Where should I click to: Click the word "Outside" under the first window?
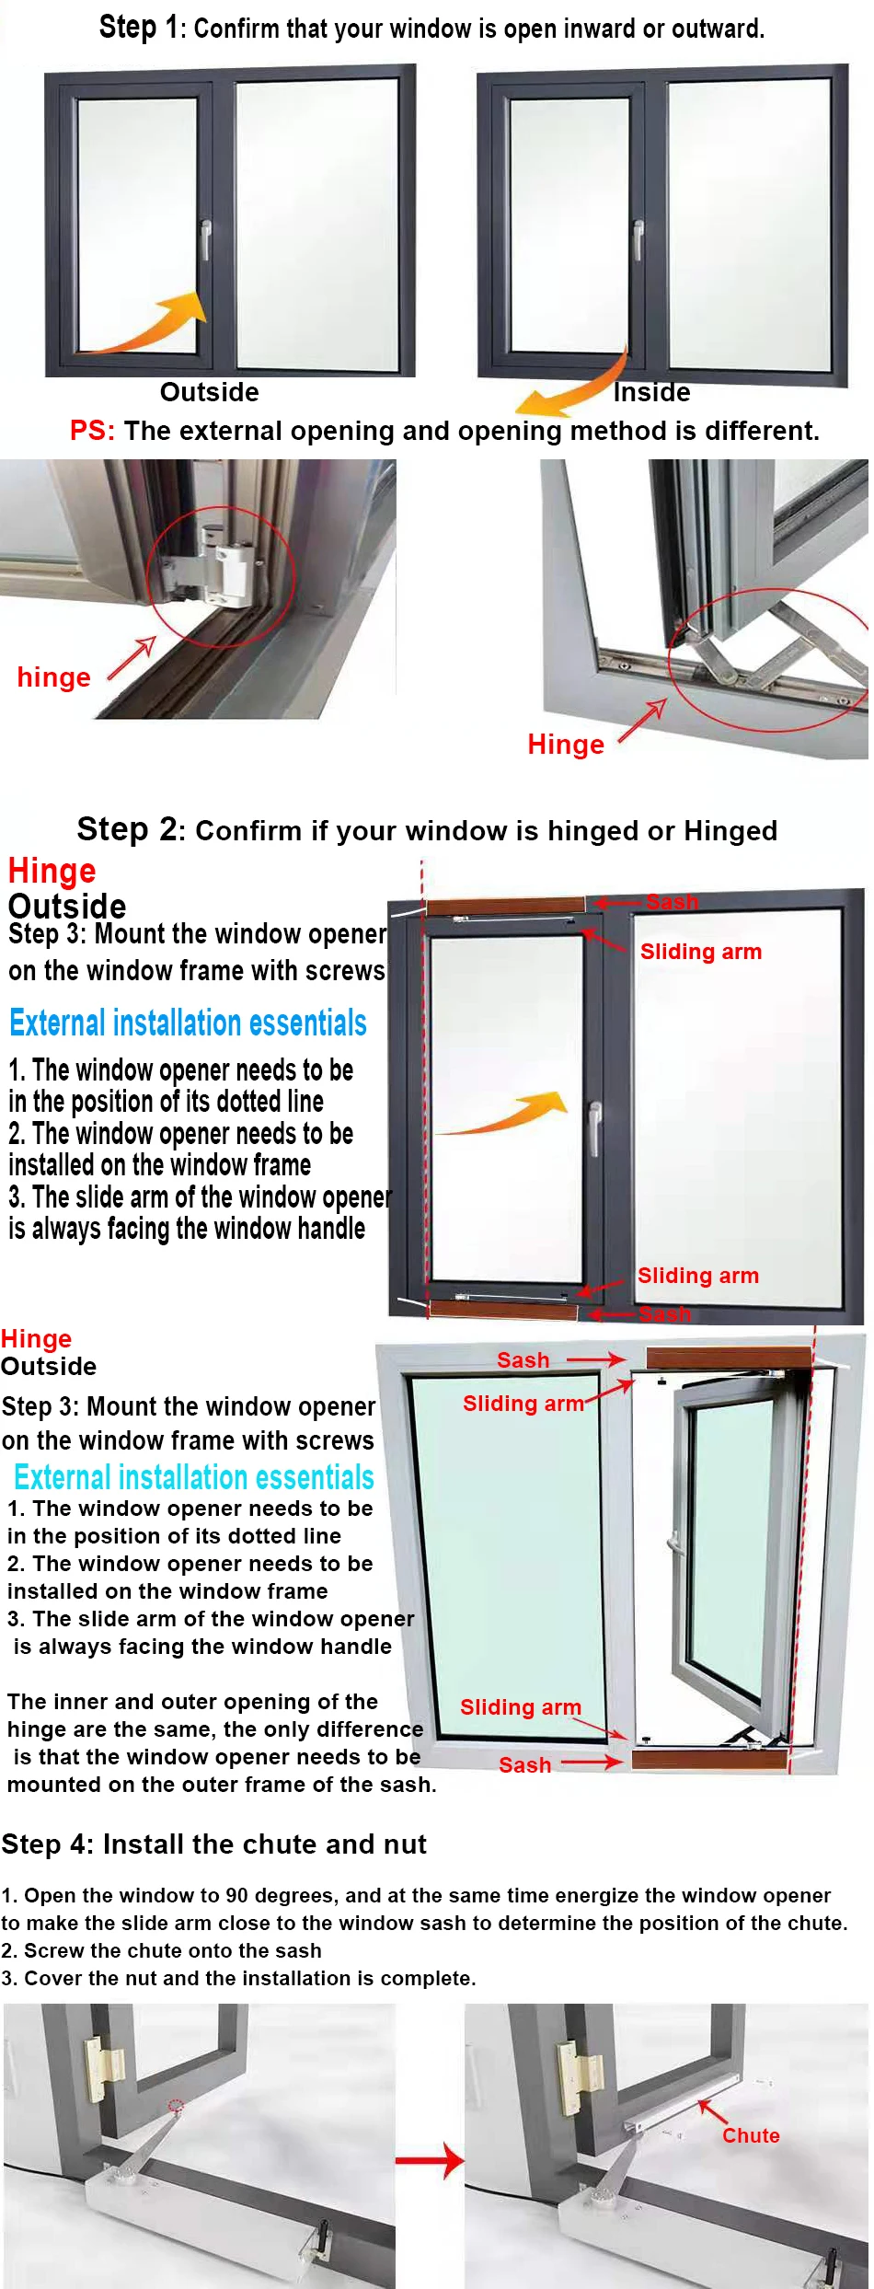[209, 392]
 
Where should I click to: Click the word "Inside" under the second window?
[651, 392]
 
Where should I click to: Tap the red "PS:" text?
[92, 431]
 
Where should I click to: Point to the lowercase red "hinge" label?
[53, 677]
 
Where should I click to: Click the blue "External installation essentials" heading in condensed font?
[188, 1023]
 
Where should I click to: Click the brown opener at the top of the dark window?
[505, 906]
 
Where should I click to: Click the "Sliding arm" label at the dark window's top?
[700, 952]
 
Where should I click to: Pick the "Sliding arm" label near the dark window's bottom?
[697, 1276]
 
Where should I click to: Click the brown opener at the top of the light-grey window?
[729, 1358]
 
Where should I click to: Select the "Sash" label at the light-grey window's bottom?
[524, 1765]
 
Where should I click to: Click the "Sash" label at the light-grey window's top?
[523, 1360]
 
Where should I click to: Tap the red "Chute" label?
[750, 2135]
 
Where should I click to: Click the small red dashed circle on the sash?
[176, 2104]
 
